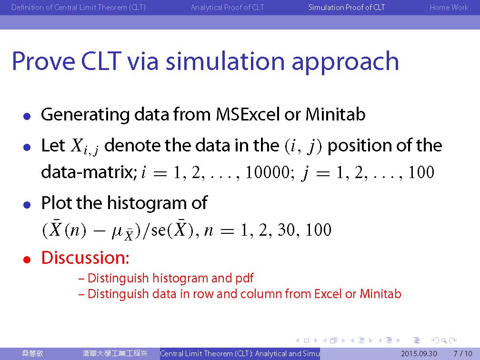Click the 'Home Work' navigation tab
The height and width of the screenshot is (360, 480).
coord(449,7)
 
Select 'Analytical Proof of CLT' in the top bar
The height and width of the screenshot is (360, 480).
coord(227,7)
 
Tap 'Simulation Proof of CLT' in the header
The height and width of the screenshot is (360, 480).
coord(347,7)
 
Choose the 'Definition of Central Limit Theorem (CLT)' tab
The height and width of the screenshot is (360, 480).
coord(79,7)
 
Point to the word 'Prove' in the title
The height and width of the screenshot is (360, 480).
coord(43,61)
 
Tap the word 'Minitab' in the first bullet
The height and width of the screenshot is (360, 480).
coord(335,114)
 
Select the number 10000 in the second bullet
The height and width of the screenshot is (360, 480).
coord(268,172)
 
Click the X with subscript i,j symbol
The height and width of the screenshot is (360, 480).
coord(84,146)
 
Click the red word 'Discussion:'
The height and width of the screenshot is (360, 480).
coord(85,258)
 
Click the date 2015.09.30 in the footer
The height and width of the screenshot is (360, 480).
coord(419,354)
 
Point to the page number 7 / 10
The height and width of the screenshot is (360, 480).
coord(463,354)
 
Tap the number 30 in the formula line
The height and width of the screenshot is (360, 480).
coord(287,230)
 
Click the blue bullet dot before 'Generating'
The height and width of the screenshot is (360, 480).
coord(27,116)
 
